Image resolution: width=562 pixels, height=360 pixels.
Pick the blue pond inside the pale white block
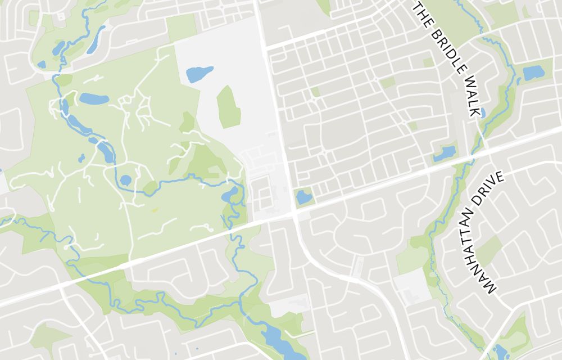(x=200, y=74)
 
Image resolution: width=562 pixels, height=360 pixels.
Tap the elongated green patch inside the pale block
(x=228, y=106)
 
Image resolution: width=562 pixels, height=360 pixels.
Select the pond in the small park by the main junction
(x=303, y=196)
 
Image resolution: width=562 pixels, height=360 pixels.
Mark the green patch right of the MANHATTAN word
(x=490, y=249)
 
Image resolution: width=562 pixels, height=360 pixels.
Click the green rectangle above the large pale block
(x=180, y=27)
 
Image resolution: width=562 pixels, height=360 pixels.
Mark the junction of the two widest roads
(x=293, y=215)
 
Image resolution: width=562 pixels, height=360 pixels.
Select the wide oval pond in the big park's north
(x=94, y=99)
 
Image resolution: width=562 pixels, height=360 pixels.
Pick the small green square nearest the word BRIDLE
(x=428, y=62)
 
